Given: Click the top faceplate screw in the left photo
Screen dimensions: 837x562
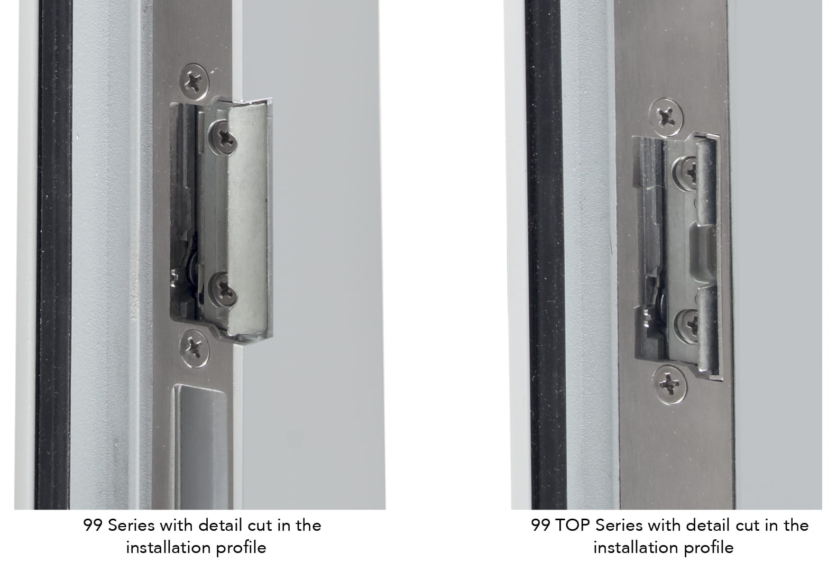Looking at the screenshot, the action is [x=194, y=81].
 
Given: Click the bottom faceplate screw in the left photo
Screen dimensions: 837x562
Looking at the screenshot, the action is [x=194, y=348].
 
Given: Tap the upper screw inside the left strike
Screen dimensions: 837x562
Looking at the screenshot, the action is [x=223, y=137].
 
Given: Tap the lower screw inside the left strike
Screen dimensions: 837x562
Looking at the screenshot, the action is [x=223, y=290].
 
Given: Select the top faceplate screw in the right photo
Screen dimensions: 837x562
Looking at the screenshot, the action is [x=666, y=117].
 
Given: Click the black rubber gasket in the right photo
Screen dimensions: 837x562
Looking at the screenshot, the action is [x=546, y=254].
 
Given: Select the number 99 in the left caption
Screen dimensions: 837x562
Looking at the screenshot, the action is [x=93, y=526].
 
